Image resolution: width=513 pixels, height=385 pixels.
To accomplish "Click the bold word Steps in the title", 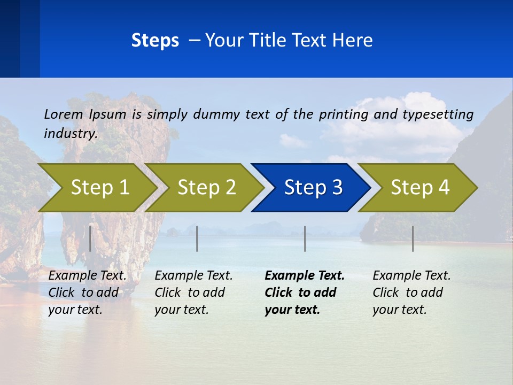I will pos(155,41).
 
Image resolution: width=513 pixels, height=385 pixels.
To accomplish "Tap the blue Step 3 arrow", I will pos(310,187).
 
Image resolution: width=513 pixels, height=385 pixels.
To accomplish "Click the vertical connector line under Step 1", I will pos(90,238).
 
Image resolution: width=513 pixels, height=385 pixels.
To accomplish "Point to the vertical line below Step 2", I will pos(197,238).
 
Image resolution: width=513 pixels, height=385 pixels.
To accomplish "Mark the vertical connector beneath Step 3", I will pos(305,238).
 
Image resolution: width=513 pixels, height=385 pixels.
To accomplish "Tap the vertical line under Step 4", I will pos(413,238).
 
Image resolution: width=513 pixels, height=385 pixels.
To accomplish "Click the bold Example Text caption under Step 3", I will pos(305,292).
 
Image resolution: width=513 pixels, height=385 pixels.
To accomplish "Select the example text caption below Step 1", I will pos(87,292).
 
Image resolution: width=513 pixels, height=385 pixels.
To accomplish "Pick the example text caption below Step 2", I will pos(193,292).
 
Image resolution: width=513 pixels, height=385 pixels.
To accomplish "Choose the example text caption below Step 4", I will pos(411,292).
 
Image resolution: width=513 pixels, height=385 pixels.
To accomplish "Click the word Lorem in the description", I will pos(64,114).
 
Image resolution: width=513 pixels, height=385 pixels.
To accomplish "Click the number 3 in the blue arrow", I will pos(337,187).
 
